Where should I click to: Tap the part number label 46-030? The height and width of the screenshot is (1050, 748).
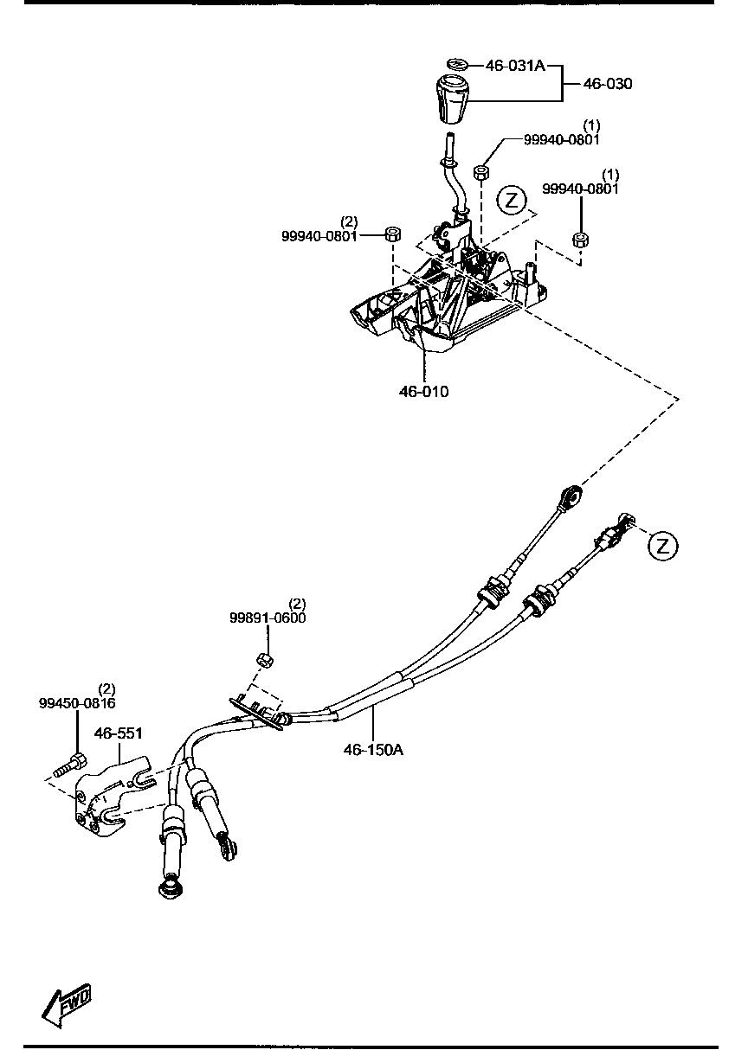pos(607,84)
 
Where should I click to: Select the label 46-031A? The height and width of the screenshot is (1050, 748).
pos(514,65)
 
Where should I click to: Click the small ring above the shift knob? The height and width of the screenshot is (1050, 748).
pos(458,65)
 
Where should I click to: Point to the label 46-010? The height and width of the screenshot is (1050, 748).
pos(423,392)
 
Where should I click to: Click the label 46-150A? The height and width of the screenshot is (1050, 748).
pos(373,750)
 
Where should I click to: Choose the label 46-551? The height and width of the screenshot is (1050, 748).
pos(118,733)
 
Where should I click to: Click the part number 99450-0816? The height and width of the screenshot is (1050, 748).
pos(77,703)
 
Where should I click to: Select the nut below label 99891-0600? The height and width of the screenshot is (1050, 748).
pos(267,660)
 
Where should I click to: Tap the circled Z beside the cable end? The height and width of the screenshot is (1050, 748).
pos(663,546)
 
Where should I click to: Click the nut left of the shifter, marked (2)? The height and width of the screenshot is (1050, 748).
pos(391,233)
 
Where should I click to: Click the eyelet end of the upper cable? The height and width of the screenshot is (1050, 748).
pos(570,496)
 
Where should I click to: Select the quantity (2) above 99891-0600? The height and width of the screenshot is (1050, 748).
pos(297,603)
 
